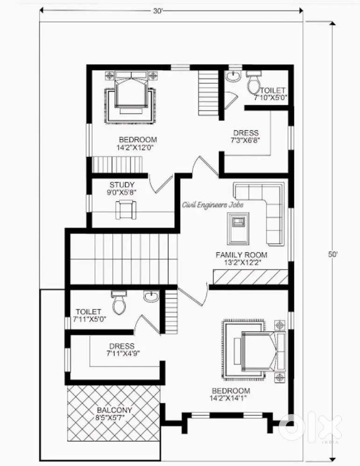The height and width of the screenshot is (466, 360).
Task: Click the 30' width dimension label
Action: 158,11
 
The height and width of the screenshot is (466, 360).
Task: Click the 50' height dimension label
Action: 332,254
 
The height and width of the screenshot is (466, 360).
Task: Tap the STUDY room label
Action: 122,185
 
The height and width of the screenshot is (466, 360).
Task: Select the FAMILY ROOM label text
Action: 241,255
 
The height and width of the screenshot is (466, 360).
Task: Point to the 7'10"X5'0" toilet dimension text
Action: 270,97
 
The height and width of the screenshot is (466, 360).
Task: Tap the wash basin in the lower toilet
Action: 151,296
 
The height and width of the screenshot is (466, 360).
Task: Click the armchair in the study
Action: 125,210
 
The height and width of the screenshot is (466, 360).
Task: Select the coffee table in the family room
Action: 238,228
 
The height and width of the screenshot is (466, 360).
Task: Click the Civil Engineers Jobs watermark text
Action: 213,205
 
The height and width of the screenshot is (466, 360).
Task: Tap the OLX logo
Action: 310,425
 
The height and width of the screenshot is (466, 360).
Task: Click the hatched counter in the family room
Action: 250,277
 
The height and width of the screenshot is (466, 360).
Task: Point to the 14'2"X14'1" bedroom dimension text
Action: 228,398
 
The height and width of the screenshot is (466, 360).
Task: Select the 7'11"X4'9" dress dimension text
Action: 123,353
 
